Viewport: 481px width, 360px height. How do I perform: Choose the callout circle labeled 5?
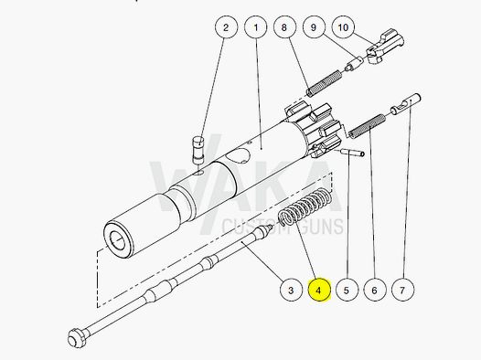click(x=346, y=291)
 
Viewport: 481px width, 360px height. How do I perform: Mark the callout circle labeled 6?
click(x=373, y=291)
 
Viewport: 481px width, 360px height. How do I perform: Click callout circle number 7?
click(x=401, y=291)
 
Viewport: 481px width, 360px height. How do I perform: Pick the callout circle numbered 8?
click(x=286, y=28)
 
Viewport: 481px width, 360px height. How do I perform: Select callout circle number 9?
click(x=315, y=28)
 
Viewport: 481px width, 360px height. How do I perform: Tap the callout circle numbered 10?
click(x=344, y=28)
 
